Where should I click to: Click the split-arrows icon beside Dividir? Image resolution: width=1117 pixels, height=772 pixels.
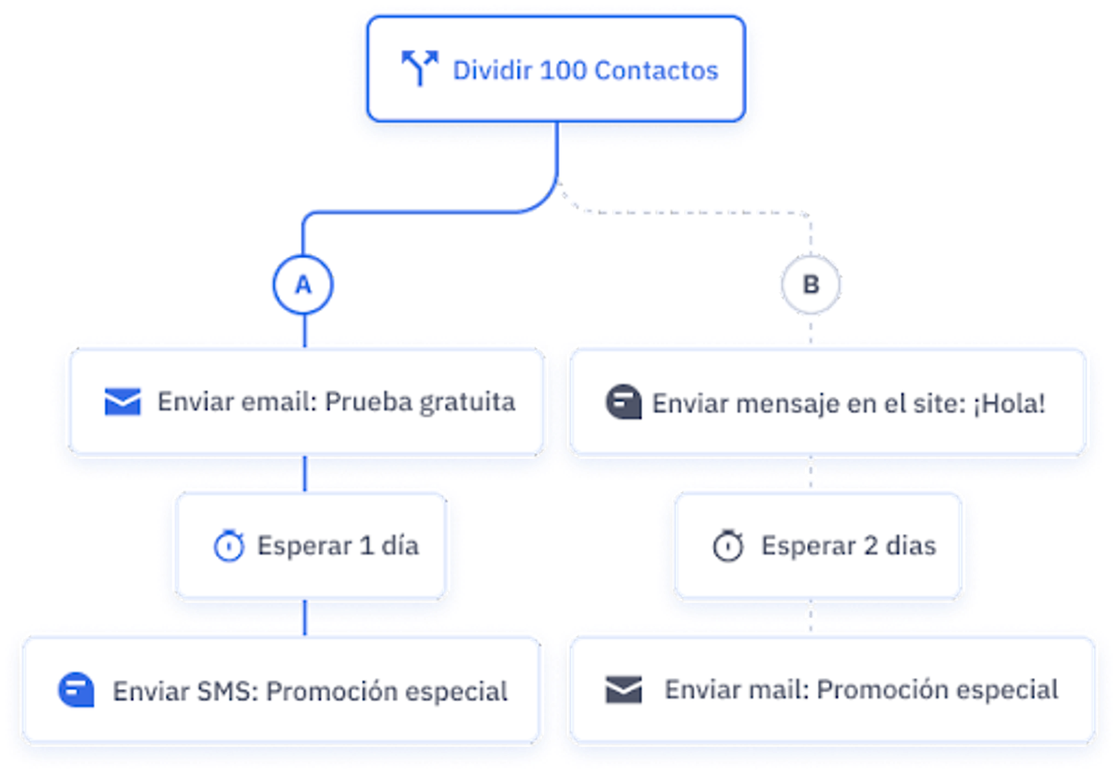tap(419, 68)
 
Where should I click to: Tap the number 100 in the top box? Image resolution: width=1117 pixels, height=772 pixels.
tap(564, 70)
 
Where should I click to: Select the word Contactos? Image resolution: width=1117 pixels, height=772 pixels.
tap(656, 70)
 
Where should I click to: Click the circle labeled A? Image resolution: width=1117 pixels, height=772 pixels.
tap(303, 285)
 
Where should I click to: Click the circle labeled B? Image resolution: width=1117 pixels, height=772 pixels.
tap(811, 285)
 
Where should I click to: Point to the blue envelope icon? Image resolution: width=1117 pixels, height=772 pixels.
tap(122, 401)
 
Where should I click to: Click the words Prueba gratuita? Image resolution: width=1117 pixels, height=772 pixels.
tap(420, 402)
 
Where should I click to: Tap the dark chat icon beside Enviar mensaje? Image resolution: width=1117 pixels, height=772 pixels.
tap(623, 403)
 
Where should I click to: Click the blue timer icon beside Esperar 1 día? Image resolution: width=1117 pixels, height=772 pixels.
tap(229, 546)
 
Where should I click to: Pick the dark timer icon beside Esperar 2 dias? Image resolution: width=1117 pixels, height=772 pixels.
tap(728, 546)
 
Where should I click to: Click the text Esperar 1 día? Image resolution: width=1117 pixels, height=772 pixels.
tap(338, 546)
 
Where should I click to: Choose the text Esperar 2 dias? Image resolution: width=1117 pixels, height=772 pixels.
tap(848, 546)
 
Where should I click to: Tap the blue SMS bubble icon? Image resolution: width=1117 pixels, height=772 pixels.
tap(76, 690)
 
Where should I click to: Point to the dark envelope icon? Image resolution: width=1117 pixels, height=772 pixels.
tap(623, 689)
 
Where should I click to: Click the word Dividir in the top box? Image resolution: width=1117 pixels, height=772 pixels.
tap(492, 70)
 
